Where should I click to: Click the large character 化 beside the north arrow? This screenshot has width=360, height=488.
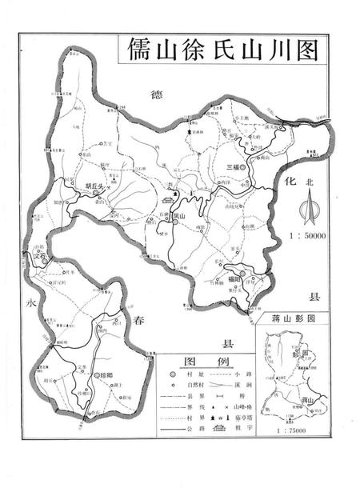pos(291,182)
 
